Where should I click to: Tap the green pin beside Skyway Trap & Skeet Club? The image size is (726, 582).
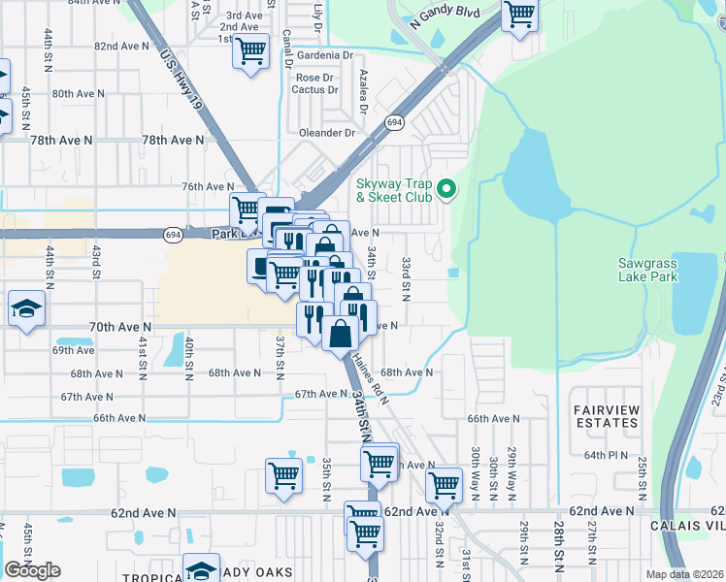[x=446, y=188]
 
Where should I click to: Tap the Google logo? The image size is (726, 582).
[x=32, y=570]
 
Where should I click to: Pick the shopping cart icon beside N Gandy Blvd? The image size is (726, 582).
[x=520, y=15]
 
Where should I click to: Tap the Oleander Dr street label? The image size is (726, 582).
[x=328, y=133]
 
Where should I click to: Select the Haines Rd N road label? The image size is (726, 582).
[x=372, y=379]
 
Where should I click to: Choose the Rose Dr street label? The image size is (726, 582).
[x=314, y=78]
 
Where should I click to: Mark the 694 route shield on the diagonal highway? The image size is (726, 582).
[x=394, y=123]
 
